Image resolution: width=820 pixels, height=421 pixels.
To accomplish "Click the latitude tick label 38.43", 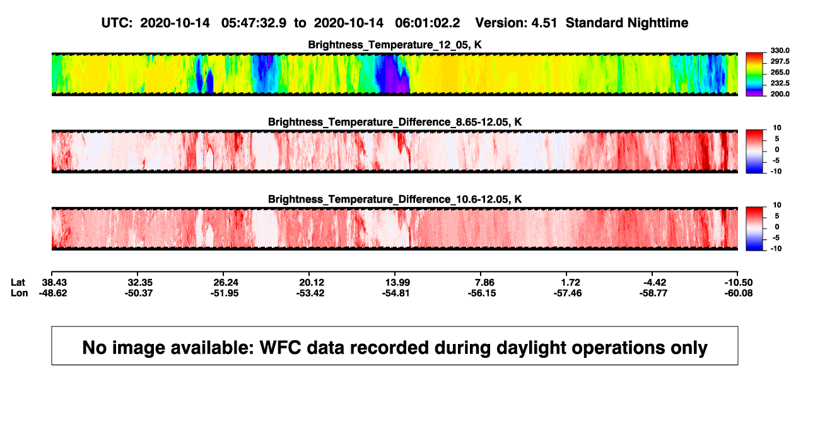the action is coord(54,283).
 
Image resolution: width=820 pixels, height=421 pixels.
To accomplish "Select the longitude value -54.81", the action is coord(395,293).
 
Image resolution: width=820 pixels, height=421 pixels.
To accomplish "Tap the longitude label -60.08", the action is coord(739,293).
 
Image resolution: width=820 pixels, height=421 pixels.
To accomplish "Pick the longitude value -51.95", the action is coord(225,293).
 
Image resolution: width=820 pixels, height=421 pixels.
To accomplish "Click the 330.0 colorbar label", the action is coord(780,50).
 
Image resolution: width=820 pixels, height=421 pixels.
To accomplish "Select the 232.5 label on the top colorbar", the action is coord(780,83).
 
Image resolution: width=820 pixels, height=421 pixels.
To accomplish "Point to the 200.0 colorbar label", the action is coord(780,94).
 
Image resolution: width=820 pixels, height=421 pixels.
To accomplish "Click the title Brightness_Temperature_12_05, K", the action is coord(395,45).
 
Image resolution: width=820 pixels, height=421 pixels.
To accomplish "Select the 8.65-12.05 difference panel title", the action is coord(395,122).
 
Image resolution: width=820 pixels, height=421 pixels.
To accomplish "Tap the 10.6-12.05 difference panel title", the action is coord(395,199).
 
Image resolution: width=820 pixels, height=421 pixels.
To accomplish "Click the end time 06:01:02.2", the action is coord(427,23).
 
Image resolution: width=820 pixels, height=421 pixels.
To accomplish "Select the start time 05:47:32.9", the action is coord(254,23).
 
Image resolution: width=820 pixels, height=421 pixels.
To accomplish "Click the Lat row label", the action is coord(18,283).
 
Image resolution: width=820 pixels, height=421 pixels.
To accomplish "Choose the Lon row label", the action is coord(19,293).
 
